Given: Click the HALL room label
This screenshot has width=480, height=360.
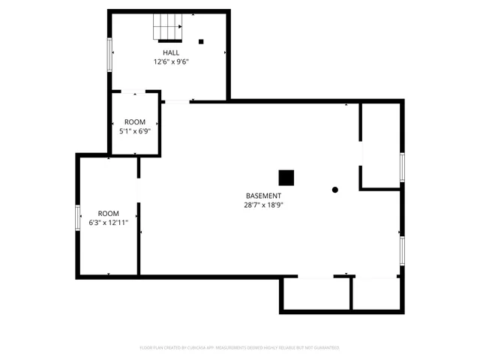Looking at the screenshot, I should coord(171,52).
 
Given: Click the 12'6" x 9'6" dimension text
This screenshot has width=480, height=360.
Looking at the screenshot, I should coord(171,61).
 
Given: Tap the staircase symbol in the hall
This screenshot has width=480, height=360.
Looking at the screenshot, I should coord(169,28).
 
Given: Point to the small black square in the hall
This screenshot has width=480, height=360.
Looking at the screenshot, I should coord(201,41).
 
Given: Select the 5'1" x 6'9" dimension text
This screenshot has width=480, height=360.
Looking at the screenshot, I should coord(135,131).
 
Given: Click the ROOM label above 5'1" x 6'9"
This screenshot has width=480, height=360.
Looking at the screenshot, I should coord(135,121).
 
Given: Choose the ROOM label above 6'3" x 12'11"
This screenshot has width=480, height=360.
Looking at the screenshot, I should coord(109,213).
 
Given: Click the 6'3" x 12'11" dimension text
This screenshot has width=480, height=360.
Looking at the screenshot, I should coord(109,223).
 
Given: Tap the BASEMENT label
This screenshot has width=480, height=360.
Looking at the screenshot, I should coord(263,195).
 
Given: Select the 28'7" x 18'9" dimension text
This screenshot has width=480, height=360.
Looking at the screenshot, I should coord(263,205).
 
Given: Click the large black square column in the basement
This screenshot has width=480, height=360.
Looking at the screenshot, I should coord(286,177).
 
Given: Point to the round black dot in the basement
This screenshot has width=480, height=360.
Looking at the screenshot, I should coord(335,189).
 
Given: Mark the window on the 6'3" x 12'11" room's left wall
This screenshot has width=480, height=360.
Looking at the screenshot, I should coord(77,217).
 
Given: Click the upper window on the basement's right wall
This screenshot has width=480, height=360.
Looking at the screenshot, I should coord(402,166).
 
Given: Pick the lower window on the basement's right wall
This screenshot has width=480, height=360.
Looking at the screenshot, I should coord(402,250).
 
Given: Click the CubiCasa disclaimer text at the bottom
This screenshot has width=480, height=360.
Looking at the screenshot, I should coord(240,348).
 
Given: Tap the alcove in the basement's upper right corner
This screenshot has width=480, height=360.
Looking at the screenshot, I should coord(381,144).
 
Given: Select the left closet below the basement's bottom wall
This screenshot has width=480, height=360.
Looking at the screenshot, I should coord(315,293).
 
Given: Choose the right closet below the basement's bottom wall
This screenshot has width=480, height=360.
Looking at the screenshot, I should coord(376,293).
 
